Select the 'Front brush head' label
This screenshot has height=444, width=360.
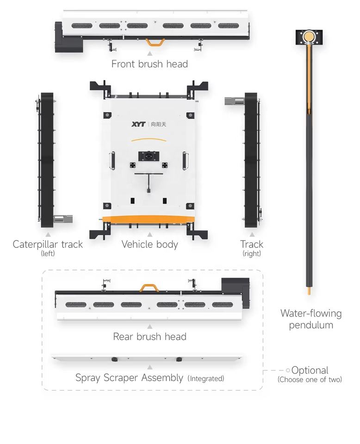point(149,64)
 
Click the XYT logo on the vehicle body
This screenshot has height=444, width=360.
point(138,124)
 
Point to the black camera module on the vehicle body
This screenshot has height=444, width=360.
point(149,156)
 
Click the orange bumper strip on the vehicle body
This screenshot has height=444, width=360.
point(149,219)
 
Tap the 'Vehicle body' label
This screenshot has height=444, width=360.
point(149,244)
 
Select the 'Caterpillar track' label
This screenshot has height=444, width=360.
point(48,244)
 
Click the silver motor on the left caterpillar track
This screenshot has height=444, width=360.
point(63,219)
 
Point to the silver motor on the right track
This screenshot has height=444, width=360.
point(235,101)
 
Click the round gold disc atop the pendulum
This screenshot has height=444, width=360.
point(309,37)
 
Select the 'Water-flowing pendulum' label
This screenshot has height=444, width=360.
point(311,319)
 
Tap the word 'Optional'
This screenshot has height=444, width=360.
point(310,370)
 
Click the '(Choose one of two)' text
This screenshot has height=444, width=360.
point(310,379)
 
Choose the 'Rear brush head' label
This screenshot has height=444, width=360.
point(149,337)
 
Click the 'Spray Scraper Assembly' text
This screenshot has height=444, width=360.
point(129,378)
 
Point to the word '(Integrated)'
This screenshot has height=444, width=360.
point(206,379)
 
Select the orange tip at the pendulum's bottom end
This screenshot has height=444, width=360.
point(309,291)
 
